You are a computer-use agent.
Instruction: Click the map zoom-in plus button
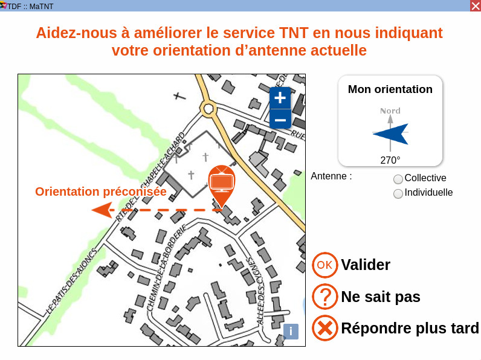pos(280,98)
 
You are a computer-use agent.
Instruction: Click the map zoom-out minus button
pos(280,120)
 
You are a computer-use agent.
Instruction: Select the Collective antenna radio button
pos(398,179)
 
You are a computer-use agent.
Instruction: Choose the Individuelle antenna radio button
pos(398,194)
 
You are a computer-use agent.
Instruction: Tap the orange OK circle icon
pos(325,265)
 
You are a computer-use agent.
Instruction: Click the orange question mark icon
pos(325,297)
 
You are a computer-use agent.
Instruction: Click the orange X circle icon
pos(325,328)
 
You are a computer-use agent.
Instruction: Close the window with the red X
pos(476,6)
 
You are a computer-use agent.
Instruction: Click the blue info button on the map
pos(291,332)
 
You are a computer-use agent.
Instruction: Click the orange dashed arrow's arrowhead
pos(102,210)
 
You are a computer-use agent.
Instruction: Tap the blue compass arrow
pos(390,133)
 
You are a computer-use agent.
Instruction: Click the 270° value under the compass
pos(390,160)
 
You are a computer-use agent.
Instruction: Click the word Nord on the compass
pos(390,111)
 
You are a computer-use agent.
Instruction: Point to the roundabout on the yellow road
pos(208,109)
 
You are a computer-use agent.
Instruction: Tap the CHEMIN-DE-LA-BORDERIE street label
pos(166,268)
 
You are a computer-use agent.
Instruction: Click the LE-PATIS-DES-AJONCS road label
pos(71,281)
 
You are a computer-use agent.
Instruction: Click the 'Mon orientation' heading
pos(390,89)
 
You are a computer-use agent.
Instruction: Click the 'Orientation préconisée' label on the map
pos(101,191)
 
